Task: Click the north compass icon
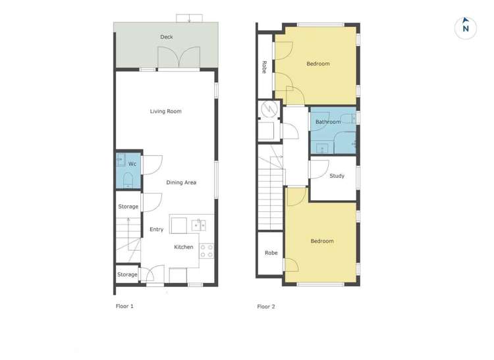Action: click(466, 28)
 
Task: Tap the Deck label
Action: click(167, 37)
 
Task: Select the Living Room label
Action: click(165, 111)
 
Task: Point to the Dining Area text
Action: click(181, 182)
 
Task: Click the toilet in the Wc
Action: click(128, 180)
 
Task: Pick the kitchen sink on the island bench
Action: click(199, 225)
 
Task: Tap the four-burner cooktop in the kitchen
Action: click(206, 250)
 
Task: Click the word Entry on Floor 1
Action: click(156, 230)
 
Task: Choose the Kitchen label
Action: click(184, 247)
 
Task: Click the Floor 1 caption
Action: click(124, 306)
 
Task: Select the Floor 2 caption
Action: click(266, 306)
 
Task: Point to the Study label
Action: click(337, 176)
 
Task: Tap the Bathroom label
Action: click(328, 122)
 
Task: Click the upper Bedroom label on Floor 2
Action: click(318, 64)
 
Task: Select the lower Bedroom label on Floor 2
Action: click(322, 241)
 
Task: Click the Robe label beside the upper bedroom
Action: click(264, 66)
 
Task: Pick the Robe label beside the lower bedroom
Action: click(271, 253)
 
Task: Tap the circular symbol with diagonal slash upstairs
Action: click(269, 109)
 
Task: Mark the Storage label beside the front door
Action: click(127, 274)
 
